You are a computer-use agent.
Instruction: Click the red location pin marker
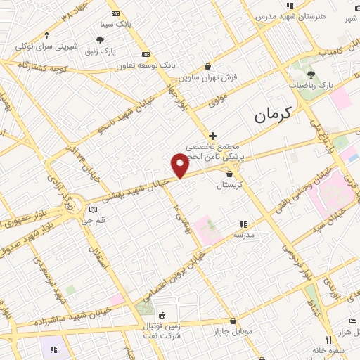[180, 166]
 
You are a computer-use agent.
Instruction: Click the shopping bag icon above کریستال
[229, 174]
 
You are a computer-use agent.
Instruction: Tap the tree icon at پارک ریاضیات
[311, 74]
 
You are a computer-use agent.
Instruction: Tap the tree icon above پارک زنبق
[102, 40]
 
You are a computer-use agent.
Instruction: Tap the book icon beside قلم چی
[93, 210]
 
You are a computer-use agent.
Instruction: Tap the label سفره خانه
[313, 349]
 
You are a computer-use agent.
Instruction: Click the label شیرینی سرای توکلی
[46, 46]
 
